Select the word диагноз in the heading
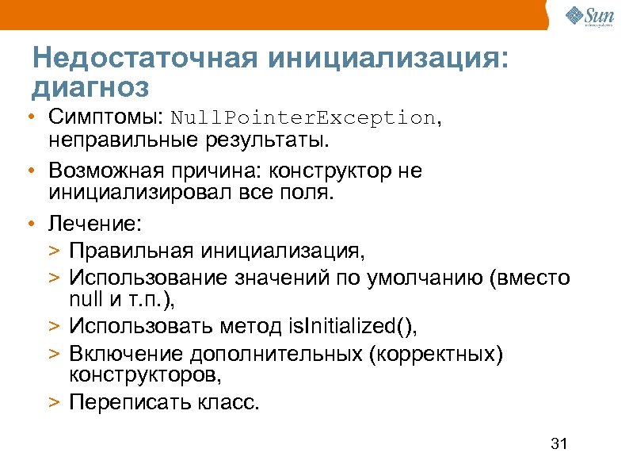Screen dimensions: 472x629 tap(90, 84)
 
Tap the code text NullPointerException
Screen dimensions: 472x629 tap(303, 118)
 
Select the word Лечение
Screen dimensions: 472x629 tap(94, 224)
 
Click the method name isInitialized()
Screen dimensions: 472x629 tap(355, 326)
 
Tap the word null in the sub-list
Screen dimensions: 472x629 tap(83, 300)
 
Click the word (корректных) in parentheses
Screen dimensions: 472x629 tap(436, 352)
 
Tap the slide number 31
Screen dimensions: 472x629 tap(559, 443)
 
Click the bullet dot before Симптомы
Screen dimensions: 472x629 tap(29, 118)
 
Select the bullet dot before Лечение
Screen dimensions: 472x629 tap(29, 224)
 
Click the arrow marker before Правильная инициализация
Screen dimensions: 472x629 tap(52, 252)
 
